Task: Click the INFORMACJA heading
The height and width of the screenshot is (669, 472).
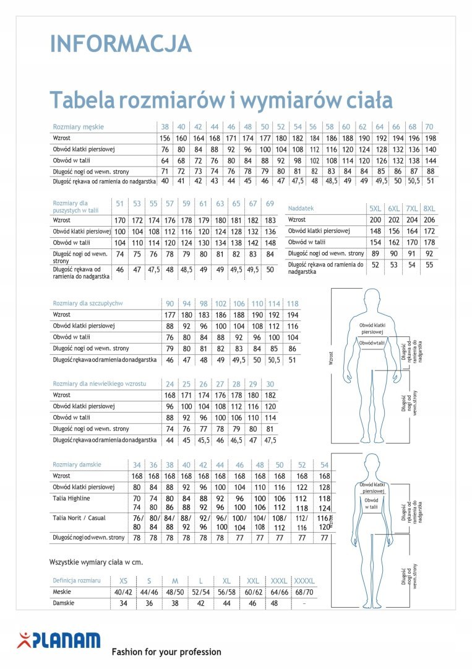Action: point(121,43)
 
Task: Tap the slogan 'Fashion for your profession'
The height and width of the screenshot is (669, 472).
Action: point(166,652)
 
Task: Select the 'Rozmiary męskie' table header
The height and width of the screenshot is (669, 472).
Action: point(78,126)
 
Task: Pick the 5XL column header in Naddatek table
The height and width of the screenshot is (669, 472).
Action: point(375,209)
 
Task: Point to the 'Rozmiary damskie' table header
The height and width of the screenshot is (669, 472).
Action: point(77,464)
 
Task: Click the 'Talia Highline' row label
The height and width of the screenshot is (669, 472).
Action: point(72,498)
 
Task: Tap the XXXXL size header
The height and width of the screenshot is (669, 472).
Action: point(304,581)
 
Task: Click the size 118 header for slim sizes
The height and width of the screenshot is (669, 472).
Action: point(293,304)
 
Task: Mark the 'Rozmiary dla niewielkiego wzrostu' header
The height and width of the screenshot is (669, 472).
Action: point(99,383)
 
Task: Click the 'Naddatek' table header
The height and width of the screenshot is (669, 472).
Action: point(301,209)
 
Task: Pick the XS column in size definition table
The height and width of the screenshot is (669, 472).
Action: point(124,581)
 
